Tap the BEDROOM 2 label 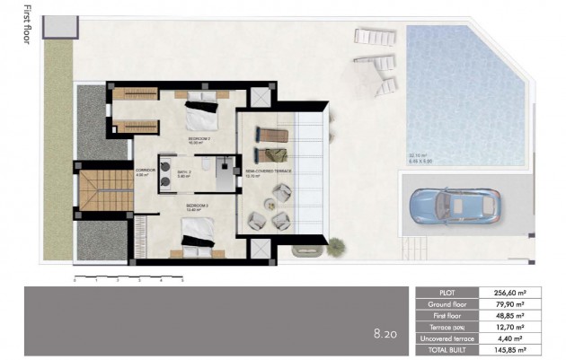199,141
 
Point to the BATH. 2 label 184,174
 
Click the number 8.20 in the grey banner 385,334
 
